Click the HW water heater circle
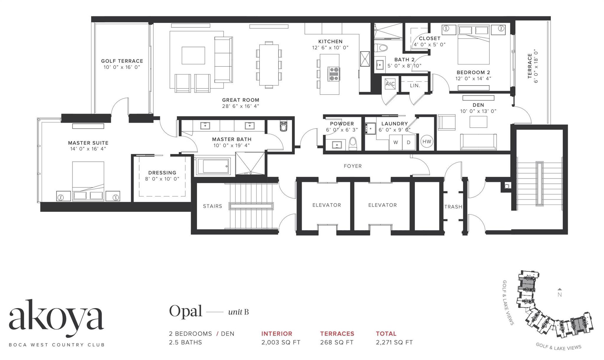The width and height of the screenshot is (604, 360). [427, 142]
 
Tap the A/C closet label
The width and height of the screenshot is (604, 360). [390, 84]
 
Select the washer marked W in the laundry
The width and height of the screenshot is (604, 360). [395, 142]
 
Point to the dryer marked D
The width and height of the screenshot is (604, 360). [409, 142]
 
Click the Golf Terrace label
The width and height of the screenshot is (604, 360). [122, 61]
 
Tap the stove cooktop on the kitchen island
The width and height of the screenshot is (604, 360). [334, 74]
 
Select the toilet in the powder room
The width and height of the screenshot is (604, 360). [353, 144]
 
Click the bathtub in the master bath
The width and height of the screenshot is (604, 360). [213, 166]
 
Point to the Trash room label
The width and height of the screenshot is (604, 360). [453, 207]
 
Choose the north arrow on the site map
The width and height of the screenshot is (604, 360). [560, 289]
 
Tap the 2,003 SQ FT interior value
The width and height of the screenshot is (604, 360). [281, 342]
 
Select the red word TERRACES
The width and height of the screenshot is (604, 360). [337, 334]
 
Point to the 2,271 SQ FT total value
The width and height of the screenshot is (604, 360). [394, 342]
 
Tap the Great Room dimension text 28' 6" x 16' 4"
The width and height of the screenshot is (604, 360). [241, 106]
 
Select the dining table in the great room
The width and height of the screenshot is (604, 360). [269, 65]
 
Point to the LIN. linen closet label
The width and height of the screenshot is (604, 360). [415, 86]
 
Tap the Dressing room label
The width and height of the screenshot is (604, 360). [162, 173]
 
